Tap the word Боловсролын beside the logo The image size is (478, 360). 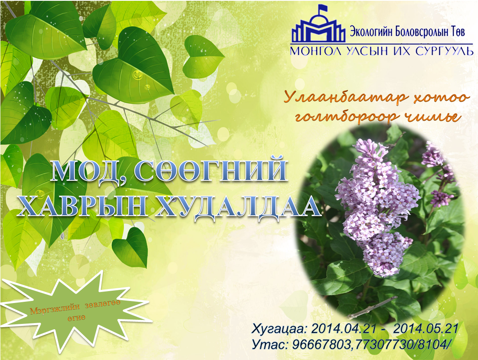click(420, 31)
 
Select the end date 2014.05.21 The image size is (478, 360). click(426, 329)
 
